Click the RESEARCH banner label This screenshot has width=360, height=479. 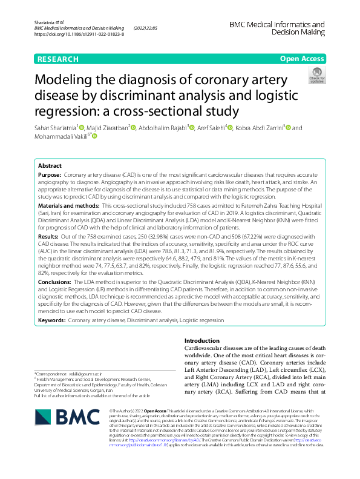[x=58, y=59]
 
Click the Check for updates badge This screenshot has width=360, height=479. [x=316, y=76]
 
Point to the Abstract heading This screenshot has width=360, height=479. [x=50, y=165]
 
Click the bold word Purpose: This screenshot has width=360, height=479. [x=50, y=174]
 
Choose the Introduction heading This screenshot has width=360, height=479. [x=201, y=341]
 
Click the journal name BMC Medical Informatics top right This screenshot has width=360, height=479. [x=277, y=25]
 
